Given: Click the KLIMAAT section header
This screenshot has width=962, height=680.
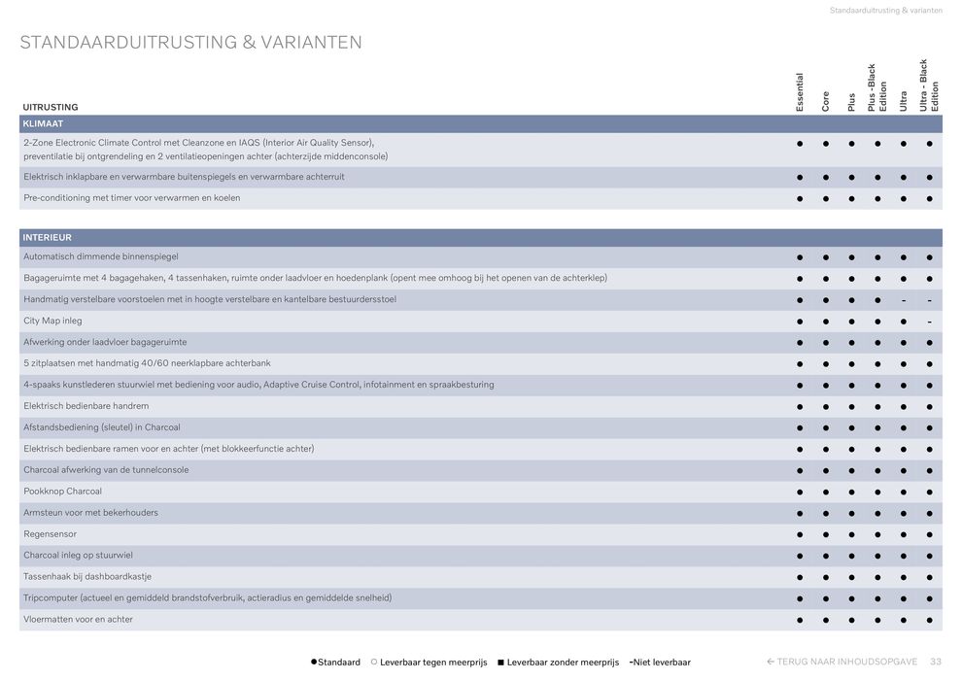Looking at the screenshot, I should (43, 124).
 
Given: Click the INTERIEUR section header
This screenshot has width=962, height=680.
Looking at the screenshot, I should (47, 238).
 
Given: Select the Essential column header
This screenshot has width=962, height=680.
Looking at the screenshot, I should (800, 92).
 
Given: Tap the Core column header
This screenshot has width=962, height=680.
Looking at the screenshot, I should (826, 101).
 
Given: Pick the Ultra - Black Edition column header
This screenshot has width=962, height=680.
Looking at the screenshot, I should (929, 85).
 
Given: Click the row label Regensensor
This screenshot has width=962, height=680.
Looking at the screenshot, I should (50, 534).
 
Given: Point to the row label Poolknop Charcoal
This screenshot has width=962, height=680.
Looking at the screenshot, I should (62, 492).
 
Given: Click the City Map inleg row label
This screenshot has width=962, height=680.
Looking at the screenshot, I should (52, 321).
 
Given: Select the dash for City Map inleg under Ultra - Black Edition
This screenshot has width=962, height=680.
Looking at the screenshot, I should (929, 322).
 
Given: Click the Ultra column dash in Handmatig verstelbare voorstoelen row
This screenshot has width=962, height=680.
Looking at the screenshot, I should (904, 300).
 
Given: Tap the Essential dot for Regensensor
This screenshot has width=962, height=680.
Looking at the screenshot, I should (800, 534).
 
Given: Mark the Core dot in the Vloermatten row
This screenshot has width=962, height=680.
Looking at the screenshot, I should (826, 620).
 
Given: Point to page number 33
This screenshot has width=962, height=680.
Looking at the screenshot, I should (936, 662).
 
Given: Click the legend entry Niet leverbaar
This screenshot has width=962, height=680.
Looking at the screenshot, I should (661, 663).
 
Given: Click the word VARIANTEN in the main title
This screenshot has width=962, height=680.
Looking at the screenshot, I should (311, 43).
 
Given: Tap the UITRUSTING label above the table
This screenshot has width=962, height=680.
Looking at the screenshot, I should (51, 107).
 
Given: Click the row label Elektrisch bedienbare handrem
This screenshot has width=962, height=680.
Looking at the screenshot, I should (86, 406).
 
